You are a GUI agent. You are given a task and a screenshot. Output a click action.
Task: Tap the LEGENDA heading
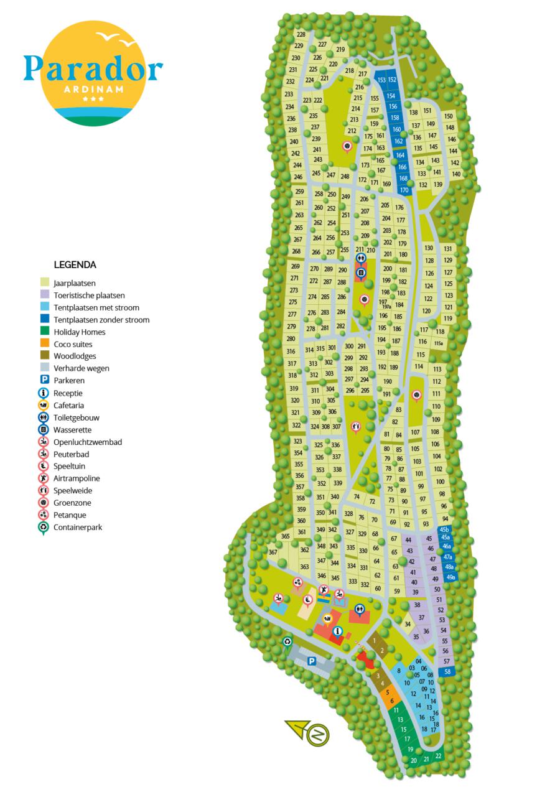tap(75, 264)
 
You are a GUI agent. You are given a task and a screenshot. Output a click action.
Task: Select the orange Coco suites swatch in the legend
tap(45, 344)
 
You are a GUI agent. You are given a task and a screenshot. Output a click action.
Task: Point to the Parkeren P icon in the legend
tap(45, 380)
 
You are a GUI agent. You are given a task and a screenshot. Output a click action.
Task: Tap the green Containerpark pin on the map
tap(287, 642)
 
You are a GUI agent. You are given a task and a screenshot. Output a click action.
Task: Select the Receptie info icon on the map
tap(338, 631)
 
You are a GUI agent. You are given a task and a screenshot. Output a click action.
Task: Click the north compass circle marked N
tap(318, 735)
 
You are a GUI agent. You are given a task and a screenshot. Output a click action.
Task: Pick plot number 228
tap(301, 35)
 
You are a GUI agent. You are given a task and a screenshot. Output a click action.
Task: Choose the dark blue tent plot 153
tap(381, 80)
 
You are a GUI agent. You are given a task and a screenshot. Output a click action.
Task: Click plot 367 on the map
tap(273, 552)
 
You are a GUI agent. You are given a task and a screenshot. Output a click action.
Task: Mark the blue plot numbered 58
tap(447, 671)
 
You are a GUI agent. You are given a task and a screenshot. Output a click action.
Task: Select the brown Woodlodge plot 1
tap(375, 640)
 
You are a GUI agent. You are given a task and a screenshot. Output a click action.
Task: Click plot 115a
tap(438, 343)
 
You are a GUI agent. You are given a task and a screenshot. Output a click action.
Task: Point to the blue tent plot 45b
tap(444, 529)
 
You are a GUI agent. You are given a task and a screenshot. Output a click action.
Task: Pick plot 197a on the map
tap(386, 306)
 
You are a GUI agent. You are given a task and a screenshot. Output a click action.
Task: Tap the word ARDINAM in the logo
tap(93, 88)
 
